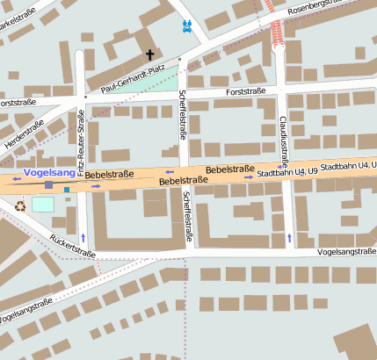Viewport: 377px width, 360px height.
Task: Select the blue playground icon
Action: click(x=186, y=26)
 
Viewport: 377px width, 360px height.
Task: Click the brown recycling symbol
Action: click(x=19, y=207)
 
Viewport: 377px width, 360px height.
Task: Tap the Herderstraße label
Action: click(x=24, y=128)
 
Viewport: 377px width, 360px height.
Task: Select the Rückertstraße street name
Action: click(x=72, y=246)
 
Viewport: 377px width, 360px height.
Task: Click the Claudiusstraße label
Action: click(x=284, y=136)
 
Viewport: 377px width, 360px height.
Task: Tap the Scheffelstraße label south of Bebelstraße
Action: click(x=189, y=217)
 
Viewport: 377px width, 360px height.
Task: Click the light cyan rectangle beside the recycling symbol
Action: click(x=42, y=204)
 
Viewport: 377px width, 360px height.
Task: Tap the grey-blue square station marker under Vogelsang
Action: click(x=49, y=186)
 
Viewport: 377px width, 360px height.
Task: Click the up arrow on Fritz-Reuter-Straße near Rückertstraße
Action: click(x=83, y=238)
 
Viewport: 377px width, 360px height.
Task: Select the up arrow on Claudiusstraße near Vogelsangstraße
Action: click(x=290, y=238)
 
